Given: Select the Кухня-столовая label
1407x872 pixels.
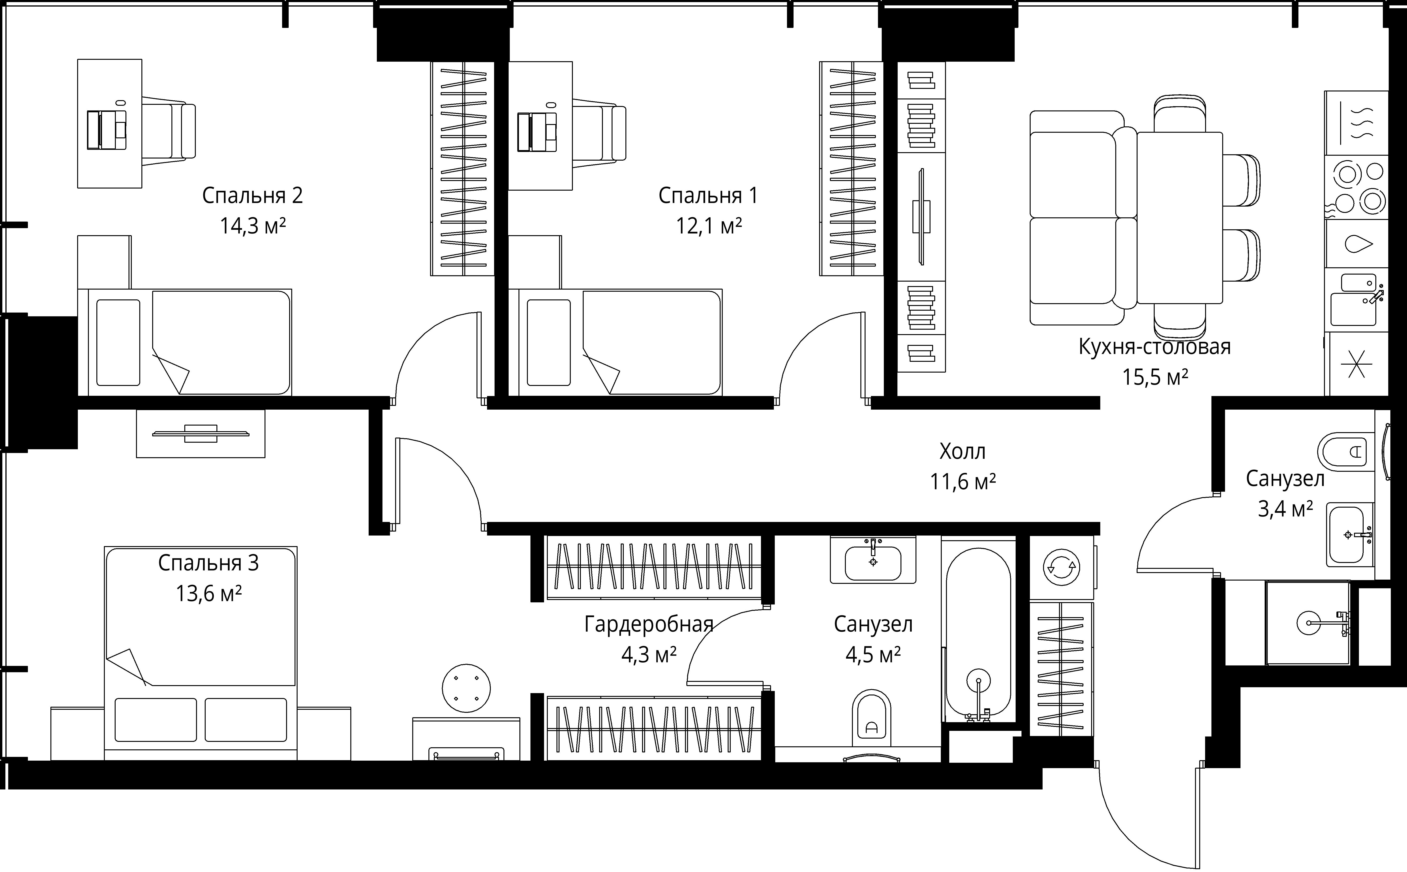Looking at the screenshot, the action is pos(1154,347).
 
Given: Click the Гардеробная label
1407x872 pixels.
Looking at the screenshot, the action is pos(649,624).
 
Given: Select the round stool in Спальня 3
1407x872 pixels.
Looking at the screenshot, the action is pos(466,688).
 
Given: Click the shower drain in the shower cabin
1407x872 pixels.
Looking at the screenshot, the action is pos(1308,623).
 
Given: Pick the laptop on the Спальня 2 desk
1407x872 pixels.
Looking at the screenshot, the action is pos(107,130).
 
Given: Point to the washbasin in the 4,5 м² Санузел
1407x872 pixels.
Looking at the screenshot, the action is pos(873,561).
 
